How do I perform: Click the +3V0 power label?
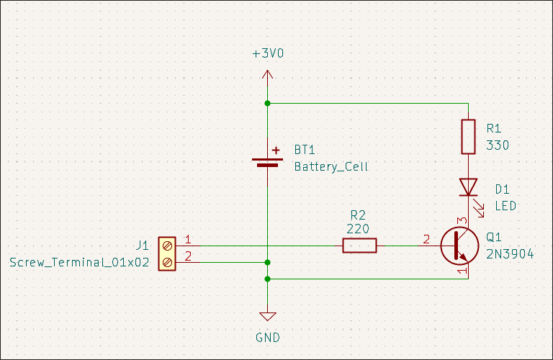click(268, 55)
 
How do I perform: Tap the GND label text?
click(268, 337)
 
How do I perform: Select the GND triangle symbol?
click(268, 317)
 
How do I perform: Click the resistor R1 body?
click(469, 137)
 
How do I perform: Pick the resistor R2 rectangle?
click(359, 246)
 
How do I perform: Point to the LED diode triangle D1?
click(469, 187)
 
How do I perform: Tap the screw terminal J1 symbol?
click(167, 254)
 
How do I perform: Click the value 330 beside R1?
click(498, 145)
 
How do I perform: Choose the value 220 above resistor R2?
click(358, 229)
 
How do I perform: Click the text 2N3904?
click(510, 253)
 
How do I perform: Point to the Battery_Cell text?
click(331, 166)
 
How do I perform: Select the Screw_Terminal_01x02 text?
click(79, 263)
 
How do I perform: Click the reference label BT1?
click(305, 150)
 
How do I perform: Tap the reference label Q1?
click(493, 237)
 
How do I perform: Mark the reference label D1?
click(502, 189)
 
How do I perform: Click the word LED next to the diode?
click(505, 206)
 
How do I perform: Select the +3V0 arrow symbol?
click(268, 75)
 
